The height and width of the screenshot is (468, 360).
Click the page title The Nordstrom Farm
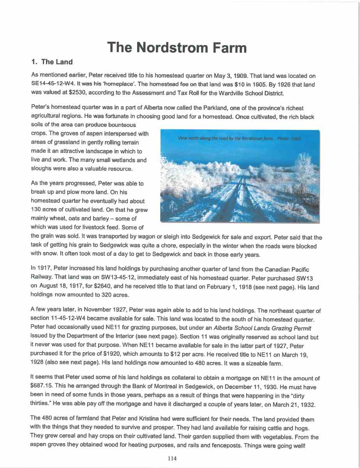click(177, 47)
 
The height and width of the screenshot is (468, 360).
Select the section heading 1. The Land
click(51, 62)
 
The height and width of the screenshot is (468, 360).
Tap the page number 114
click(172, 459)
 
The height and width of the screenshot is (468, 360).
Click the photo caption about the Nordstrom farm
click(239, 138)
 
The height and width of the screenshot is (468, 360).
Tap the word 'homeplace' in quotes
click(121, 85)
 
